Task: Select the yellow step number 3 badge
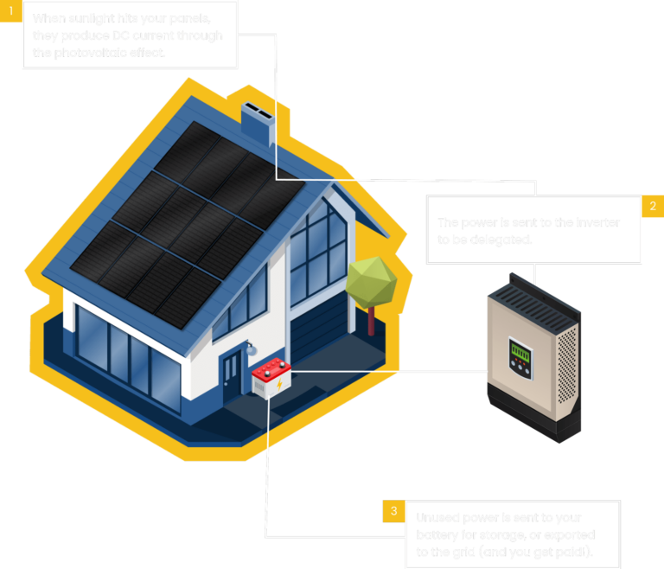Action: click(x=393, y=511)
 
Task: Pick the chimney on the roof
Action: click(x=257, y=122)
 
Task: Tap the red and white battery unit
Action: click(x=271, y=379)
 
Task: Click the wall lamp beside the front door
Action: click(x=251, y=348)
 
